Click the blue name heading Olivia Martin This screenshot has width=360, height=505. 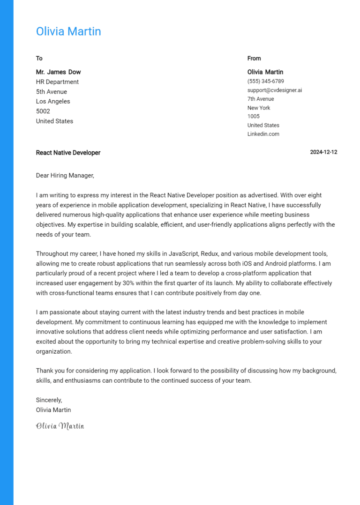point(68,31)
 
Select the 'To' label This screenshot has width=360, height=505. point(39,59)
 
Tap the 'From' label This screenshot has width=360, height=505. point(254,59)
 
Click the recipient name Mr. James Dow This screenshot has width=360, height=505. point(58,72)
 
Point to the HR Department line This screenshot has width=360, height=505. point(57,82)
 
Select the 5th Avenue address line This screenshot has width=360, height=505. point(52,92)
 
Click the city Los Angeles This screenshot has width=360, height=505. point(53,102)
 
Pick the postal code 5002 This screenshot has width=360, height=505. point(43,111)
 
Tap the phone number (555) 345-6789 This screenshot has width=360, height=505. point(266,81)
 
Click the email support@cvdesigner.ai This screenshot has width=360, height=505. point(275,90)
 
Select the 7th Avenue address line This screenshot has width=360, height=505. point(261,99)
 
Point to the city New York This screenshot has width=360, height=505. point(259,108)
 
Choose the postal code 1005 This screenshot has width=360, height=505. point(254,116)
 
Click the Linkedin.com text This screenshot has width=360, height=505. point(263,134)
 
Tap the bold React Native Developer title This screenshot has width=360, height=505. point(68,153)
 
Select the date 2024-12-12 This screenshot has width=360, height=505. point(323,152)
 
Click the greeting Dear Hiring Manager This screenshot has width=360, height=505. point(65,176)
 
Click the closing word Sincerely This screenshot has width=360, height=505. point(49,400)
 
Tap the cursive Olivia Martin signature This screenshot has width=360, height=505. point(60,426)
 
